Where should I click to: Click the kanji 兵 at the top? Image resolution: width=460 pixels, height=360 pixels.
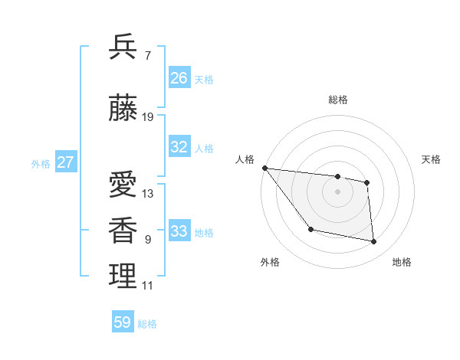coord(123,47)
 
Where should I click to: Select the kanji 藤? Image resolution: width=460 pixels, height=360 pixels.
coord(123,110)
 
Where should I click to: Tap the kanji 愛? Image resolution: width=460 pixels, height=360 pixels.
coord(123,185)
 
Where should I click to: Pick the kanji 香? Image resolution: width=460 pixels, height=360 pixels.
coord(123,231)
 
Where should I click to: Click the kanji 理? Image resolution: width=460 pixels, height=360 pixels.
coord(123,277)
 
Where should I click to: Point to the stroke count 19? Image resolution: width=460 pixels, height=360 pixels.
coord(148,117)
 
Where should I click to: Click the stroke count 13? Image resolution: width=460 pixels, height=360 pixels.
coord(148,194)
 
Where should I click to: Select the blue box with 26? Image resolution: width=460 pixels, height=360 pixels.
coord(179,78)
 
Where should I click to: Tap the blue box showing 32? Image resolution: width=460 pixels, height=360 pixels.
coord(179,147)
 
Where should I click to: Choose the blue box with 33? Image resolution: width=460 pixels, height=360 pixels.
coord(179,231)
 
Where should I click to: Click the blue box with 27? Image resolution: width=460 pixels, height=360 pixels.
coord(65,162)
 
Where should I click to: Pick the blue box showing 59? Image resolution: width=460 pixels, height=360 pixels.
coord(123,322)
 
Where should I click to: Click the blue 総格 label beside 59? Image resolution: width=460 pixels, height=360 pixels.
coord(147,324)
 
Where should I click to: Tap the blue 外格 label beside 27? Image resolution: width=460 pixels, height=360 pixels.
coord(41,163)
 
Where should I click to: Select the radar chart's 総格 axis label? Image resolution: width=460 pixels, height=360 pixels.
coord(337,100)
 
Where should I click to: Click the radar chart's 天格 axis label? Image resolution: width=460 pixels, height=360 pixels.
coord(432,159)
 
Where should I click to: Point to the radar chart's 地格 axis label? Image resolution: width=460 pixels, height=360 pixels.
coord(402,263)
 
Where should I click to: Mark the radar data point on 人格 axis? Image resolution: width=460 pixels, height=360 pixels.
coord(264,168)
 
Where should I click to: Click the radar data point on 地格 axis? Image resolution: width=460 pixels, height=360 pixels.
coord(374,242)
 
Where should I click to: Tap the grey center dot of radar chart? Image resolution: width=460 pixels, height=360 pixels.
coord(337,191)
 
